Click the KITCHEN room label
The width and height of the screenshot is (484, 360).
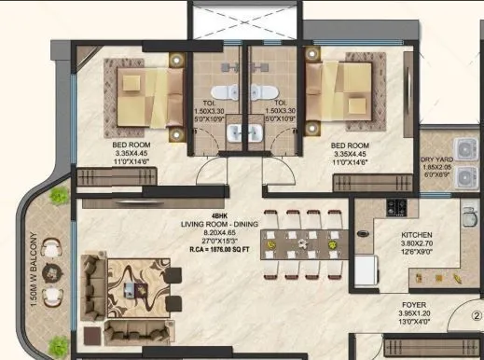point(417,235)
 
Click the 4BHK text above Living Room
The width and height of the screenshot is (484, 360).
point(219,217)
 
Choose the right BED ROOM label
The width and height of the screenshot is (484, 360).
point(351,145)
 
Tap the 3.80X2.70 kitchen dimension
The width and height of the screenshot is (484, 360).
point(417,244)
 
